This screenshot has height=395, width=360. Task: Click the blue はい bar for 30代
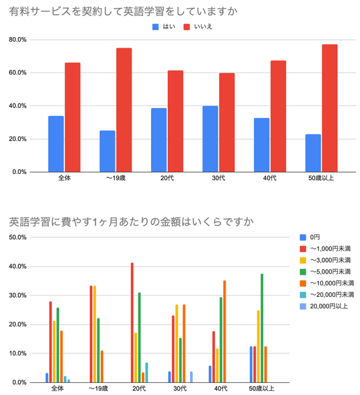210,139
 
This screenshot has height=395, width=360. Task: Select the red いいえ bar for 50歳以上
330,108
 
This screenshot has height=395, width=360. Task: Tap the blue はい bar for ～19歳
107,151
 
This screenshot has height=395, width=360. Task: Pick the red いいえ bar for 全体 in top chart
73,118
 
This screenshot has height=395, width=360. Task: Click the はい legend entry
163,27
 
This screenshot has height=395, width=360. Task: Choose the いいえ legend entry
197,27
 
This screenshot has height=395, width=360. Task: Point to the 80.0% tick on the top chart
17,40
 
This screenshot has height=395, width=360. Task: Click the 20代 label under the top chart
167,178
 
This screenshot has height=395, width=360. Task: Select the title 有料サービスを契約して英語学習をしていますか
123,11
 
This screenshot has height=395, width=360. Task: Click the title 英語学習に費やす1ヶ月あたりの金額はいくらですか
131,222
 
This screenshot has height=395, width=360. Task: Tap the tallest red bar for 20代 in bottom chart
132,322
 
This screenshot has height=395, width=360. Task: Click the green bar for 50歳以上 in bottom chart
262,328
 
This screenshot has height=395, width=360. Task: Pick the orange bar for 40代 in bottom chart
224,332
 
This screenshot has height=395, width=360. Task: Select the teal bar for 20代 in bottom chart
146,373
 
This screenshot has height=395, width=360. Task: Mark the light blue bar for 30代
191,377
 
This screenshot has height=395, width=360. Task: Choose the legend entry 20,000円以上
324,306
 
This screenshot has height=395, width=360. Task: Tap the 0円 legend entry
310,237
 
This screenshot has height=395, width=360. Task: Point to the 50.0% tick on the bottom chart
17,237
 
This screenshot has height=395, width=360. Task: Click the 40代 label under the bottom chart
221,388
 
